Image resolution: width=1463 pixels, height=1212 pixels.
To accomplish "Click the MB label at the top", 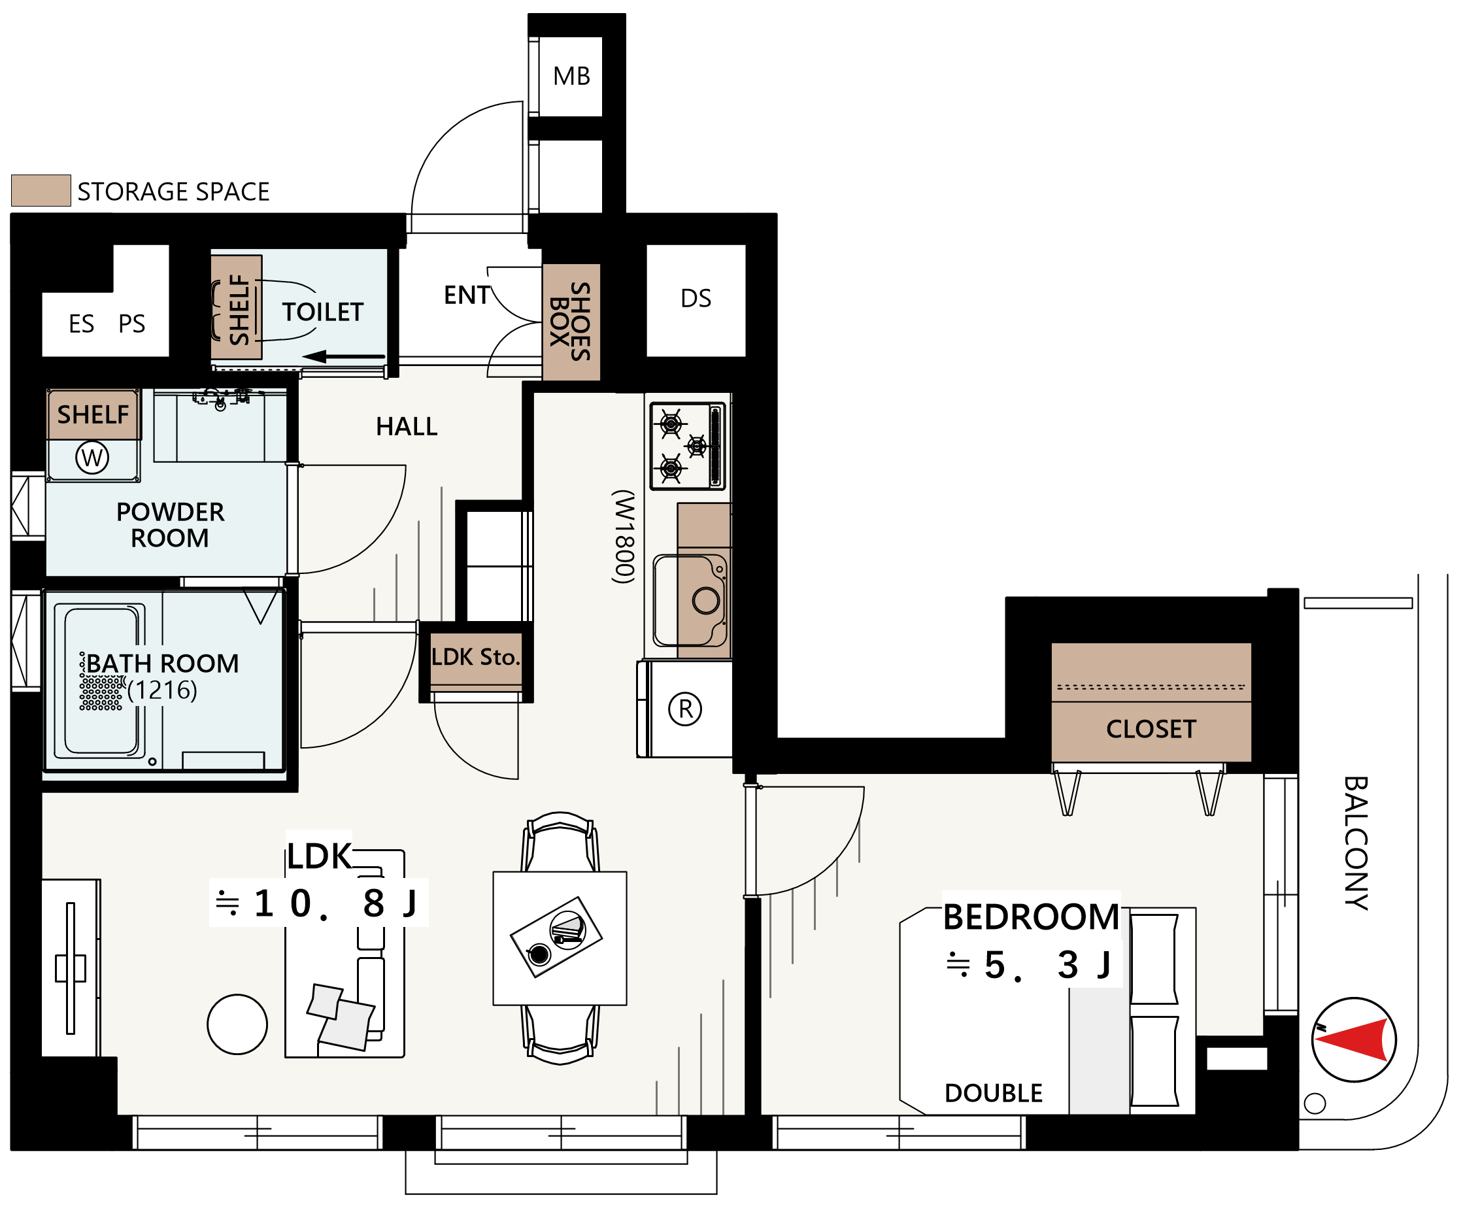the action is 571,76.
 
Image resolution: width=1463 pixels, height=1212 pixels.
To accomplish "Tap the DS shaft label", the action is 696,298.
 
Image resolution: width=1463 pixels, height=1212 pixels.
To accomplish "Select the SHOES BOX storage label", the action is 571,321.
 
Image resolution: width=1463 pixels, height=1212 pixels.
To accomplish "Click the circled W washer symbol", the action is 92,458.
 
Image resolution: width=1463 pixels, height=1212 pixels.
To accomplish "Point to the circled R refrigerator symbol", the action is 685,709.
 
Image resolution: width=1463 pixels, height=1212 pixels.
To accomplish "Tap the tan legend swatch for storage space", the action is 41,190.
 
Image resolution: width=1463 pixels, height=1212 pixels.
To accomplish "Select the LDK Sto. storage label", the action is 476,657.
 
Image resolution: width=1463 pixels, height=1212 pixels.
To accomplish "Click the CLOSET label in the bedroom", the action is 1151,730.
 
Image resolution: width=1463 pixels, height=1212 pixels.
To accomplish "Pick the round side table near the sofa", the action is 237,1024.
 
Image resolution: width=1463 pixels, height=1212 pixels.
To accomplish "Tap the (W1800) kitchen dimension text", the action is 624,536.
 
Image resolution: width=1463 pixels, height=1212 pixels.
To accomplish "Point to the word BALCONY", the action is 1356,843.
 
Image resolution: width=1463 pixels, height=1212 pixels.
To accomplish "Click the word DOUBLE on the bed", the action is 994,1094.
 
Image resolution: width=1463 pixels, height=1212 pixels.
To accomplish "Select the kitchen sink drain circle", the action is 706,600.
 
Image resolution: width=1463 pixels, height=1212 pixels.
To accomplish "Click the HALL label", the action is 407,426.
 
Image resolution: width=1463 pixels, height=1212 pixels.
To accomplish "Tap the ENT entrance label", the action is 467,295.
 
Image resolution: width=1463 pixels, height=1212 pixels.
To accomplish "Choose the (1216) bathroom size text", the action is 162,690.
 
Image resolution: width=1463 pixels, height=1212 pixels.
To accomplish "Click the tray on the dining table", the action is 557,937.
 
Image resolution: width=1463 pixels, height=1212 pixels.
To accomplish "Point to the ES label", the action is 82,324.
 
